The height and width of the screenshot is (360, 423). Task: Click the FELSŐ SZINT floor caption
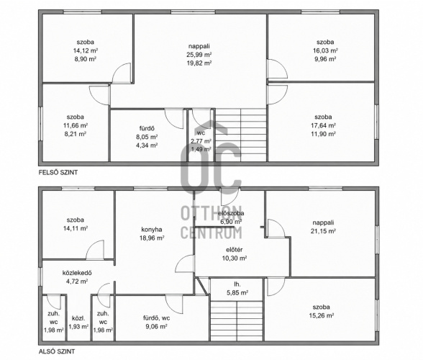58,172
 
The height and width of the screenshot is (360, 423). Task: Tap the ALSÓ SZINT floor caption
57,351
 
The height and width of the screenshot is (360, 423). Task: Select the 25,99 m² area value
199,55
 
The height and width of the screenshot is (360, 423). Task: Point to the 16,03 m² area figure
326,50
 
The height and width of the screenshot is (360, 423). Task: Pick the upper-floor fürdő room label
147,129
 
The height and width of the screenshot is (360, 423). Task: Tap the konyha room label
152,230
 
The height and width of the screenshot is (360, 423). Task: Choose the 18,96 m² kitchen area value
152,238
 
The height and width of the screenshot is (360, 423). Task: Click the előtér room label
235,250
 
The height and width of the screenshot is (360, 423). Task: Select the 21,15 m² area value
323,231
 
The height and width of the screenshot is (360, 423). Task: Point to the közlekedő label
77,273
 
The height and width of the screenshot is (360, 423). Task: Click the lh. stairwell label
237,284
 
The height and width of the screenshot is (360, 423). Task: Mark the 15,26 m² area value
322,315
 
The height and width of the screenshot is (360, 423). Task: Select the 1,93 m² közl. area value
78,326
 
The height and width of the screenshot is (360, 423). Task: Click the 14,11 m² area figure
76,228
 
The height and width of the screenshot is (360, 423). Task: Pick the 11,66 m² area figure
76,125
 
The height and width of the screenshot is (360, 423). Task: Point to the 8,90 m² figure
85,59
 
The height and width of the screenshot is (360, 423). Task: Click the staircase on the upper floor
240,135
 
